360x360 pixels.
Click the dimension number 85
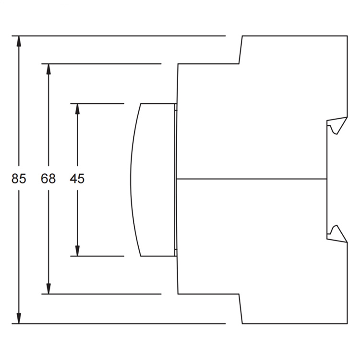coord(19,179)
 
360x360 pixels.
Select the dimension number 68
coord(48,179)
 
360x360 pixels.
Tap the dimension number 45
coord(77,179)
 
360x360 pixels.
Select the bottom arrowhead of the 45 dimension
coord(77,251)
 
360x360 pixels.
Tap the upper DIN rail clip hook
coord(337,125)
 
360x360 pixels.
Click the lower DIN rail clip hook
coord(337,234)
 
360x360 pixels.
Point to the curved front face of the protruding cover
coord(132,180)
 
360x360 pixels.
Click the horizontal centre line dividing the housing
coord(252,179)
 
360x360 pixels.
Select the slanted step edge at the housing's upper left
coord(240,50)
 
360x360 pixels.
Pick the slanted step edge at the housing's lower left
coord(240,309)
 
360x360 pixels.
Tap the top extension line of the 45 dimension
coord(97,104)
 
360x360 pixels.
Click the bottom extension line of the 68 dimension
coord(101,294)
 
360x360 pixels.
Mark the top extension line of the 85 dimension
coord(119,36)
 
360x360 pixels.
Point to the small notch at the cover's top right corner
coord(176,107)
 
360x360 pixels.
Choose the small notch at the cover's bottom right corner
coord(176,252)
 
